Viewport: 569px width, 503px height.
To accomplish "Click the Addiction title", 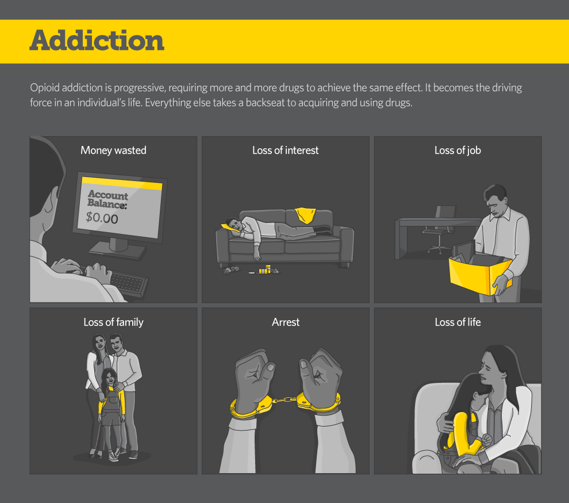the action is pyautogui.click(x=97, y=40).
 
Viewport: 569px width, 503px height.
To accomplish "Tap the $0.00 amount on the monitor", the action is pyautogui.click(x=102, y=218).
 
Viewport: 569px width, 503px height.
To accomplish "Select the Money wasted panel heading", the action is pyautogui.click(x=113, y=150).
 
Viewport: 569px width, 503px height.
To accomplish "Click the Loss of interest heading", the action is pyautogui.click(x=286, y=150).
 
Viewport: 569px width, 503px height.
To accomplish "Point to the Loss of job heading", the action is pyautogui.click(x=457, y=150).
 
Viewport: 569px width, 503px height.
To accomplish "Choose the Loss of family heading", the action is pyautogui.click(x=113, y=322).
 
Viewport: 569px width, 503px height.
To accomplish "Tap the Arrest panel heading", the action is pyautogui.click(x=286, y=322).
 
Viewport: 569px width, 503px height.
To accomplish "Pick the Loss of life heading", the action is pyautogui.click(x=457, y=322).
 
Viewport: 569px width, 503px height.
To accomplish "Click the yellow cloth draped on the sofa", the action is pyautogui.click(x=305, y=215).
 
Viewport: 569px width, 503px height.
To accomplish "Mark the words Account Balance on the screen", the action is pyautogui.click(x=107, y=199).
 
